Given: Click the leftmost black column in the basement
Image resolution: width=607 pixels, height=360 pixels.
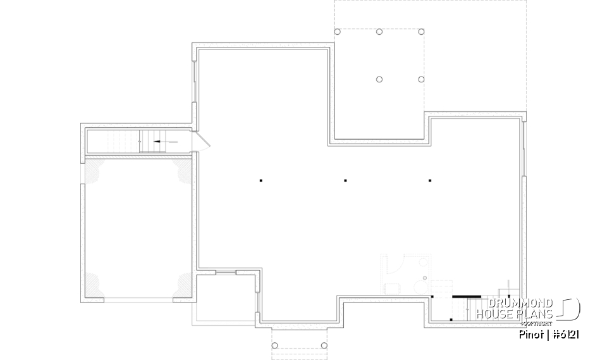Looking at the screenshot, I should pyautogui.click(x=261, y=181).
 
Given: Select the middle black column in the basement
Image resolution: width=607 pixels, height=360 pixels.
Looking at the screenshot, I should pyautogui.click(x=345, y=181).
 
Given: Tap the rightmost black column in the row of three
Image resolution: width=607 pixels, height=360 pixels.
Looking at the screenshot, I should pyautogui.click(x=430, y=181).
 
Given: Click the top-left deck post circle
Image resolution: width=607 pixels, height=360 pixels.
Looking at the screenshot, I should pyautogui.click(x=337, y=32).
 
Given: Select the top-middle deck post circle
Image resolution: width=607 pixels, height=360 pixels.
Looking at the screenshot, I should pyautogui.click(x=379, y=32).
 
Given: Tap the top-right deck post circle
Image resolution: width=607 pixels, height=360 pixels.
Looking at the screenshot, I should pyautogui.click(x=422, y=32).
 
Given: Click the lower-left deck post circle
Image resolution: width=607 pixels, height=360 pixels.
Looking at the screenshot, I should pyautogui.click(x=379, y=79).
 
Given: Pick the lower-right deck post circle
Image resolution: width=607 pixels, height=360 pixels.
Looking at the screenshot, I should pyautogui.click(x=422, y=79).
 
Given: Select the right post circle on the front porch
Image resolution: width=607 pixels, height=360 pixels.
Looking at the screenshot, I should pyautogui.click(x=324, y=345).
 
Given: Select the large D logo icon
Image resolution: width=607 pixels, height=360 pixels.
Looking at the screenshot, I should pyautogui.click(x=570, y=309).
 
